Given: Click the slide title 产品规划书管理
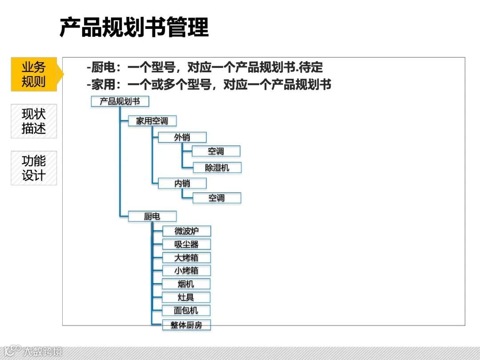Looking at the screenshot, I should click(134, 28).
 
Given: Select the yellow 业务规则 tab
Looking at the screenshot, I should click(34, 74).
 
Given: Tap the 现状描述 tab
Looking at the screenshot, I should click(34, 121).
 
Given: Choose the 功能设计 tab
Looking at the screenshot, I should click(34, 168).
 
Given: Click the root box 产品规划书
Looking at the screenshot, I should click(120, 101).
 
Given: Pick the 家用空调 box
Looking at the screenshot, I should click(152, 121).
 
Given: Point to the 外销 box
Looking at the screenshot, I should click(182, 137).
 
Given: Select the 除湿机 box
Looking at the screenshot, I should click(217, 168).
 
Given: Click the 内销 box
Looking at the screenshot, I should click(182, 183).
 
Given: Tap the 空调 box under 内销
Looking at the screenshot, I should click(216, 198).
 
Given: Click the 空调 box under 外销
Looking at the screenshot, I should click(216, 151).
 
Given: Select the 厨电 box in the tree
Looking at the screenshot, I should click(152, 216).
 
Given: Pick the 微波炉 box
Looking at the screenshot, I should click(186, 231).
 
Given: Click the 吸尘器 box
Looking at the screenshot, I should click(186, 244).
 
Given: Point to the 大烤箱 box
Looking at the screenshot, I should click(186, 257).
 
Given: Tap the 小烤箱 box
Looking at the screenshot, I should click(186, 270).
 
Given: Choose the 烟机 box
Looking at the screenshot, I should click(186, 284).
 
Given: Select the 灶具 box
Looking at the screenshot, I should click(186, 297).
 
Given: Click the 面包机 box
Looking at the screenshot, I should click(186, 310).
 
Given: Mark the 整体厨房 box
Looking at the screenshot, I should click(186, 325).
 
